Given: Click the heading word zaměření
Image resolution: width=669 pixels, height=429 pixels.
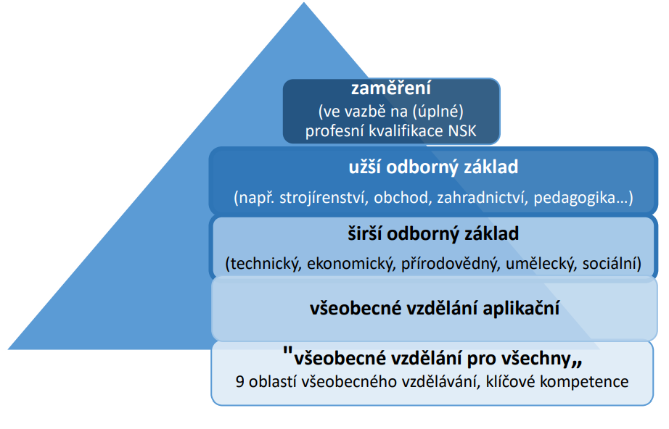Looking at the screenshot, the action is [x=391, y=88].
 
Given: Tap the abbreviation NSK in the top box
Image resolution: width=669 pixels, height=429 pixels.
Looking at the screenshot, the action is [x=462, y=130].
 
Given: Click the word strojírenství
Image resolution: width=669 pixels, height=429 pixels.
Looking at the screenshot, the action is [x=324, y=198].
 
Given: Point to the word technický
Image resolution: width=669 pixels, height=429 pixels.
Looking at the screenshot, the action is [x=263, y=264].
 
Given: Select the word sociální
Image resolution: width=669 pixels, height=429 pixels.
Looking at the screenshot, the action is [x=612, y=264].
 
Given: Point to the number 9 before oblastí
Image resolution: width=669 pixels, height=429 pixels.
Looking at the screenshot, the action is [x=239, y=382].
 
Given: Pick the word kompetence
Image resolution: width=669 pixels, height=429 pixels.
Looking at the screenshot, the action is [x=584, y=382].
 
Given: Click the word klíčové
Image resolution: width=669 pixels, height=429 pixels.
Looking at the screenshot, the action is [x=510, y=381].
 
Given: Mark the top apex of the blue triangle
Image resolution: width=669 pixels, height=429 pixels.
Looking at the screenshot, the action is [x=304, y=3].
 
